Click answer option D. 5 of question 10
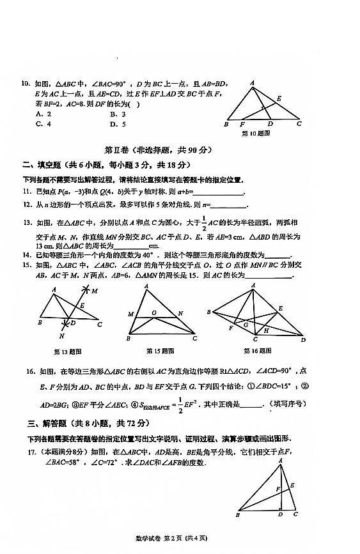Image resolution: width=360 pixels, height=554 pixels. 118,124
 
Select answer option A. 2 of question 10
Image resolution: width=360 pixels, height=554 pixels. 43,114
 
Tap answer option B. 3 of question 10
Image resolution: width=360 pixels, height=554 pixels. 118,114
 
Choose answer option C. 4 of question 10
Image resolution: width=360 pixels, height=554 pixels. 43,124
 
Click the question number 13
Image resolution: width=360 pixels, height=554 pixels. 27,223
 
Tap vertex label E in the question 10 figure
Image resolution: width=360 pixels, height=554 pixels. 279,98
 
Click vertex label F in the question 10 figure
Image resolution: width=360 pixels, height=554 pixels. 242,125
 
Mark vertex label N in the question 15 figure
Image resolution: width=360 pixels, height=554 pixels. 181,313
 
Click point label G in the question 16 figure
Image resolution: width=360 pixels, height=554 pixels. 245,325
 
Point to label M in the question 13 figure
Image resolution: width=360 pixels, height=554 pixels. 94,291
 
